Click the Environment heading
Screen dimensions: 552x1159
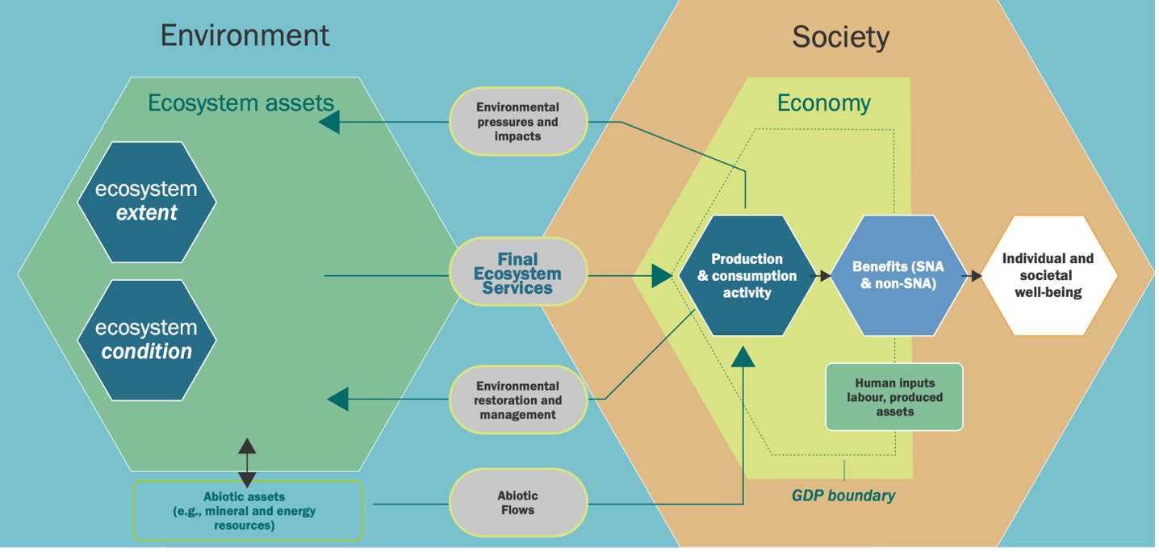(245, 36)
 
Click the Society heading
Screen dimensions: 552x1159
(840, 37)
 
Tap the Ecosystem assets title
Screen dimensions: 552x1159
(241, 103)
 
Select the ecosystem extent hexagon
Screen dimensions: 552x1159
(147, 202)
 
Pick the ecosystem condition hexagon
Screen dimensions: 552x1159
(147, 340)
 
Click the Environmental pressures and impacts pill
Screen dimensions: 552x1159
(517, 122)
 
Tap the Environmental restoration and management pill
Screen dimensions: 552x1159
(517, 400)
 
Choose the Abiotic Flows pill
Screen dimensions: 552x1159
(517, 502)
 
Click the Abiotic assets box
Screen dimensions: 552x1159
(247, 511)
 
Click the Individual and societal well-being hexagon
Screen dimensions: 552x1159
(1048, 275)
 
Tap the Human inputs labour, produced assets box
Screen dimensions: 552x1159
(894, 397)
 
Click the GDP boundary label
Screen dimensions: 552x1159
(843, 496)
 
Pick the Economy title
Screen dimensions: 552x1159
(823, 103)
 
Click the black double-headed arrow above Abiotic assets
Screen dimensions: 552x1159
(247, 462)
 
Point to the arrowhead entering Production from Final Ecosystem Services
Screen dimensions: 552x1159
(662, 276)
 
